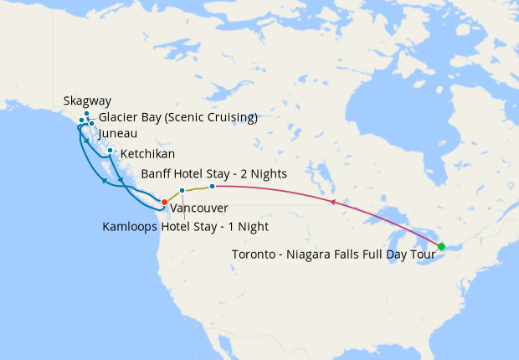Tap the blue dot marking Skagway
(86, 113)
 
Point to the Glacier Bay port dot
(81, 121)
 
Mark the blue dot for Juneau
(91, 124)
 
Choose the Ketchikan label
(147, 155)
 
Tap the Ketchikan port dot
(110, 150)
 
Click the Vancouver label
(199, 208)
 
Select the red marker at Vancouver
(164, 202)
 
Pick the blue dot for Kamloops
(182, 191)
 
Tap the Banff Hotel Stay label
(214, 174)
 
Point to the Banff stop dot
(213, 186)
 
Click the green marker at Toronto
(441, 246)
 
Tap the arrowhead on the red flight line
(333, 202)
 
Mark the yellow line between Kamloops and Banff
(198, 188)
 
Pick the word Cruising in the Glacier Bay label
(226, 117)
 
